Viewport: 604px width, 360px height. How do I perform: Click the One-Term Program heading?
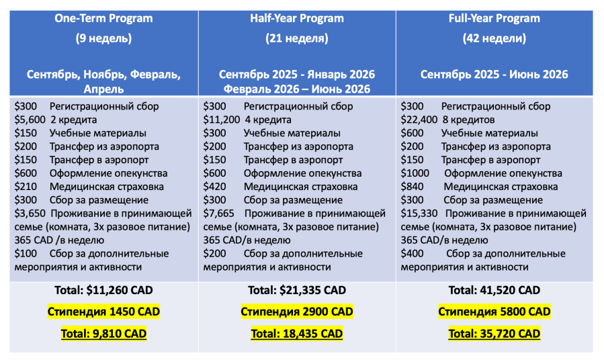103,18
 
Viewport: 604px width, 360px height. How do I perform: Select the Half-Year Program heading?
296,18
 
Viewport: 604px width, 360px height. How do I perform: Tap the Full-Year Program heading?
494,18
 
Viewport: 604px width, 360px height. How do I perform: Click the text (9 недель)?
103,38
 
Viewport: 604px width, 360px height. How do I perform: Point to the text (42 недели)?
494,38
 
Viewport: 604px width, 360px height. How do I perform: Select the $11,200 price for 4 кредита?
221,120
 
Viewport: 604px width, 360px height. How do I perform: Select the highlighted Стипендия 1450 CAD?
103,312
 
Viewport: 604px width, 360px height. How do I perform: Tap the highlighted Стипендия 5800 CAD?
494,312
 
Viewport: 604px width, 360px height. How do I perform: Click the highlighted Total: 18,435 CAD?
296,333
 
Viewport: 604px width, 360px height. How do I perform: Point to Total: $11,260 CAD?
103,290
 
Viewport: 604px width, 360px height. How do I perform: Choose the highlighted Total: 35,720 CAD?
494,333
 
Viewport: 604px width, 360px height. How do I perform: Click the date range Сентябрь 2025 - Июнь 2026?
494,75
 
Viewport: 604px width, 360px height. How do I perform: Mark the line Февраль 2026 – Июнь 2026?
296,88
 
